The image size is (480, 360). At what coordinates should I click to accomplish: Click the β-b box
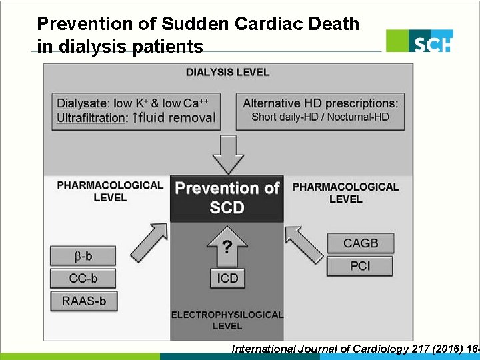pyautogui.click(x=83, y=256)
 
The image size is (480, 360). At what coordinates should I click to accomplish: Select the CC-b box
pyautogui.click(x=83, y=278)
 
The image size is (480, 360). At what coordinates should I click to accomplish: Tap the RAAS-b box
pyautogui.click(x=83, y=301)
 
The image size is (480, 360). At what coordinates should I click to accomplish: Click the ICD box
pyautogui.click(x=227, y=278)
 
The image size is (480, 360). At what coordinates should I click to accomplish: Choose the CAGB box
pyautogui.click(x=360, y=243)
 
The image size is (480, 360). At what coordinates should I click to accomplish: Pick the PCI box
pyautogui.click(x=360, y=266)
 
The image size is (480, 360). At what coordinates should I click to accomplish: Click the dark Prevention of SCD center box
pyautogui.click(x=227, y=198)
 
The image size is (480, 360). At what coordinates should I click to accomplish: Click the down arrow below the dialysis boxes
pyautogui.click(x=228, y=154)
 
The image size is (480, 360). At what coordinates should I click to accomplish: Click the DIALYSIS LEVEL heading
pyautogui.click(x=227, y=72)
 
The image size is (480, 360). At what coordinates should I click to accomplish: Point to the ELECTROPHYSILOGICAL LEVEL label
pyautogui.click(x=227, y=320)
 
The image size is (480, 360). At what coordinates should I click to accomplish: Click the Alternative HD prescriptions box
pyautogui.click(x=321, y=111)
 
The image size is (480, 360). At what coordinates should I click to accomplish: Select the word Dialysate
pyautogui.click(x=81, y=103)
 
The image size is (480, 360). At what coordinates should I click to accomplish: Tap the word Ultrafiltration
pyautogui.click(x=92, y=118)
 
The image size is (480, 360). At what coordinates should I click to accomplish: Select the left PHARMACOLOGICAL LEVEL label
pyautogui.click(x=110, y=191)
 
